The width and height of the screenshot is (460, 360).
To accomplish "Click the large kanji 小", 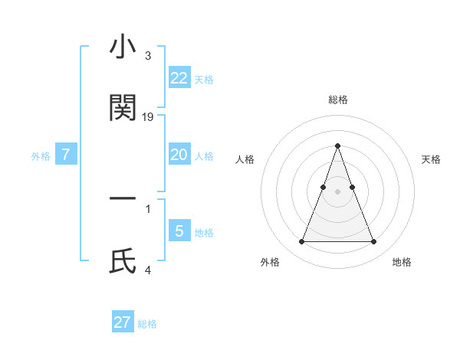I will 123,47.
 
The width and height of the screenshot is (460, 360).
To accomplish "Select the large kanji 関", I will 123,108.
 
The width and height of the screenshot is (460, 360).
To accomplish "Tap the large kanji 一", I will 123,198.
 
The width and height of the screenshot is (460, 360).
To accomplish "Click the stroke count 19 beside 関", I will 148,117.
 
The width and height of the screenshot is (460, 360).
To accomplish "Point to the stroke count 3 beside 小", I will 147,56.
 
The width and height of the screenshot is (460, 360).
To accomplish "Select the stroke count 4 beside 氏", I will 147,270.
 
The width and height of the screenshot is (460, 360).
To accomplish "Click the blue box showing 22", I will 179,78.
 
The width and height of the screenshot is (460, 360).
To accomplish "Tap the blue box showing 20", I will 179,155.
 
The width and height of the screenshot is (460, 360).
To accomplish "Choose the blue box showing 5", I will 179,231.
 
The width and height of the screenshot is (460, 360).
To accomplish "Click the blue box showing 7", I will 66,155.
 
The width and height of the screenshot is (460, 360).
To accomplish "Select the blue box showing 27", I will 122,322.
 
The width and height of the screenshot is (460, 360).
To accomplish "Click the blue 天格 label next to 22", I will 204,80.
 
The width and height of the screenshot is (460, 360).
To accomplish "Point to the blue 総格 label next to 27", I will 147,324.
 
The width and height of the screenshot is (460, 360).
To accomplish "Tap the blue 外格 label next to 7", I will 41,156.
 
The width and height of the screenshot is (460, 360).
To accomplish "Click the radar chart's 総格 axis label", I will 337,100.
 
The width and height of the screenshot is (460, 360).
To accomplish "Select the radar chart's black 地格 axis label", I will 402,262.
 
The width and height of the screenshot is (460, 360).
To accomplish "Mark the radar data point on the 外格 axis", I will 301,242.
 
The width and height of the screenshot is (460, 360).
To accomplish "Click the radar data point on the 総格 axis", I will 337,146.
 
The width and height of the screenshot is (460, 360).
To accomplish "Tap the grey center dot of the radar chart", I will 337,191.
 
